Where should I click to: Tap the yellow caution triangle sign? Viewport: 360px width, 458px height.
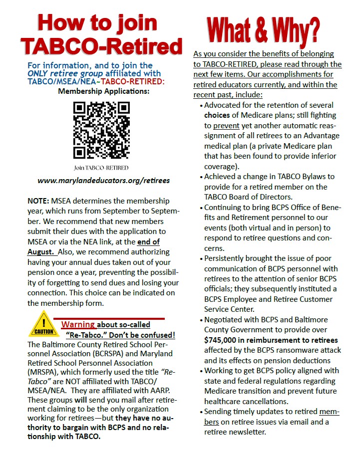pos(44,325)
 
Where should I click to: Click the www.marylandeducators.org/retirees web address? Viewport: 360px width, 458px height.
pos(104,180)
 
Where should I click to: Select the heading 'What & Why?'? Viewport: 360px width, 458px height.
pos(263,29)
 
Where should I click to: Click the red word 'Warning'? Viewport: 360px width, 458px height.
pos(78,324)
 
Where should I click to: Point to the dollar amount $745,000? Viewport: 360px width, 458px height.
pos(224,340)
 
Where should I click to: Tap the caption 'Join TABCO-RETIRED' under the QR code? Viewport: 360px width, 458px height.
pos(101,167)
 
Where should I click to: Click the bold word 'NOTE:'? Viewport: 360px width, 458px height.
pos(38,200)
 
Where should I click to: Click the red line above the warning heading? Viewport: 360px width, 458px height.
pos(109,318)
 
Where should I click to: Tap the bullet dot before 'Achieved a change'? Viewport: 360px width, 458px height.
pos(201,177)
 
